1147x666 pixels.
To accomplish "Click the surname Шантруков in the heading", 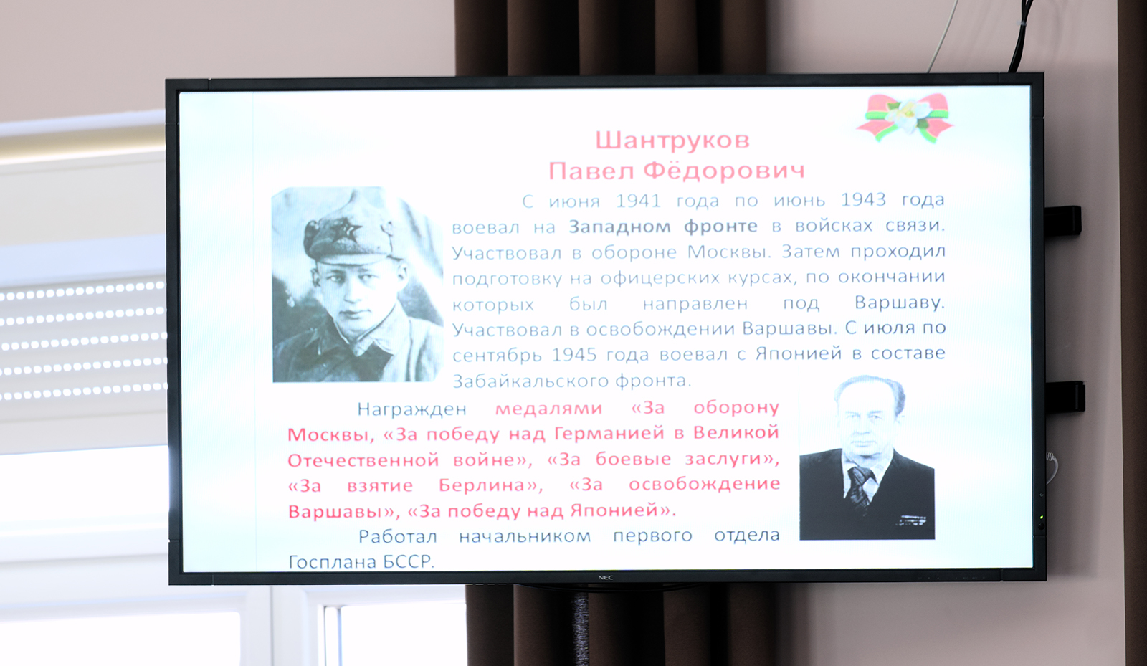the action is pyautogui.click(x=672, y=141).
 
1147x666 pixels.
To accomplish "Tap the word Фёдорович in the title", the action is pyautogui.click(x=723, y=171).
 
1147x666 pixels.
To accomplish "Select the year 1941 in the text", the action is pyautogui.click(x=638, y=200).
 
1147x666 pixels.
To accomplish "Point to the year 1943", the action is pyautogui.click(x=863, y=199).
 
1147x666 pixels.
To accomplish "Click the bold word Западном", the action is pyautogui.click(x=619, y=227).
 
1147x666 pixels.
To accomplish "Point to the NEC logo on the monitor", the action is pyautogui.click(x=605, y=578).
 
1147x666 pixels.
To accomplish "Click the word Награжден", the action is pyautogui.click(x=412, y=409).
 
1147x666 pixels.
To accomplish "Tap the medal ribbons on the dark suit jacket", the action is pyautogui.click(x=911, y=521).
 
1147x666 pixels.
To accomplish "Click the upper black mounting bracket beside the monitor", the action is pyautogui.click(x=1063, y=222).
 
